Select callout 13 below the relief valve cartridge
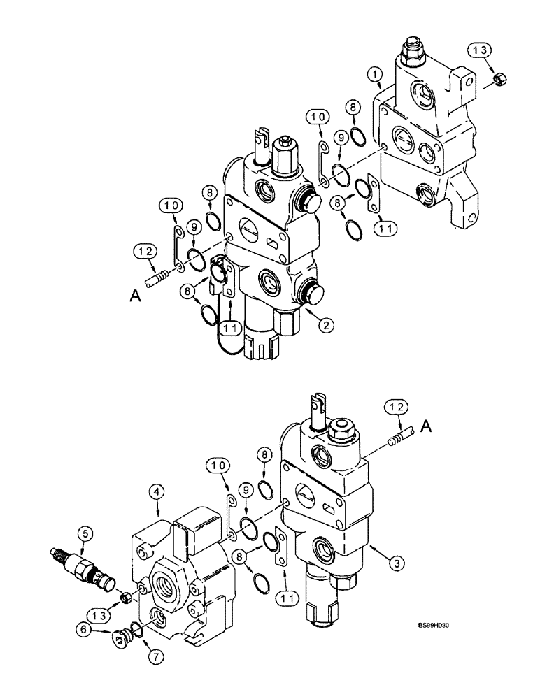pyautogui.click(x=99, y=615)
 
